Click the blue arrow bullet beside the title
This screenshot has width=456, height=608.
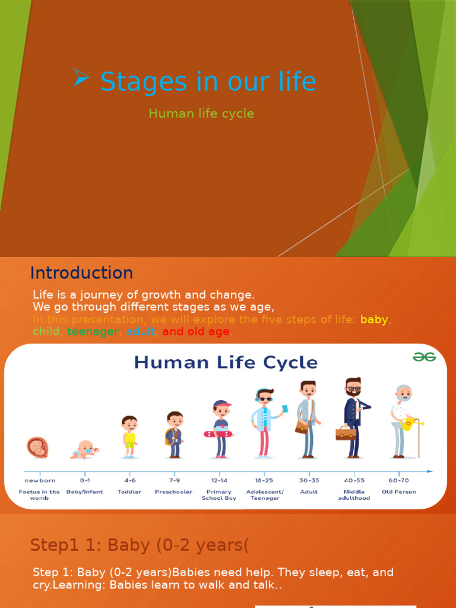tap(81, 78)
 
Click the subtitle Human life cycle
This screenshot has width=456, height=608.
tap(201, 113)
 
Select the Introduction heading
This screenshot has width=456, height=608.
tap(81, 273)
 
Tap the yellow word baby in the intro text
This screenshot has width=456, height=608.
tap(374, 319)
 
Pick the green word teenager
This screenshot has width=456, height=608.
tap(93, 332)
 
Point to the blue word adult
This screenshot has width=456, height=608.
tap(140, 332)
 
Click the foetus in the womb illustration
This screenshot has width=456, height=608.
tap(37, 447)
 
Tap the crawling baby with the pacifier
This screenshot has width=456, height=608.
tap(84, 449)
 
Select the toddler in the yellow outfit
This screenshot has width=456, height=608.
tap(129, 436)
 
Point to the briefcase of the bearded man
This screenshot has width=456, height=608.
tap(346, 433)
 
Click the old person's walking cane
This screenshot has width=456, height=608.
tap(419, 439)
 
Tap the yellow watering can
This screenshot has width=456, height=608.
tap(410, 424)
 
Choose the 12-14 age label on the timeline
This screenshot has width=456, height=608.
tap(219, 480)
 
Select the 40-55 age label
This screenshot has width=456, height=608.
tap(354, 480)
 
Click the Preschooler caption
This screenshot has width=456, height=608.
tap(173, 492)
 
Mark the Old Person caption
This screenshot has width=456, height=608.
tap(399, 492)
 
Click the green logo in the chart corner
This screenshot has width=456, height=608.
tap(425, 356)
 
